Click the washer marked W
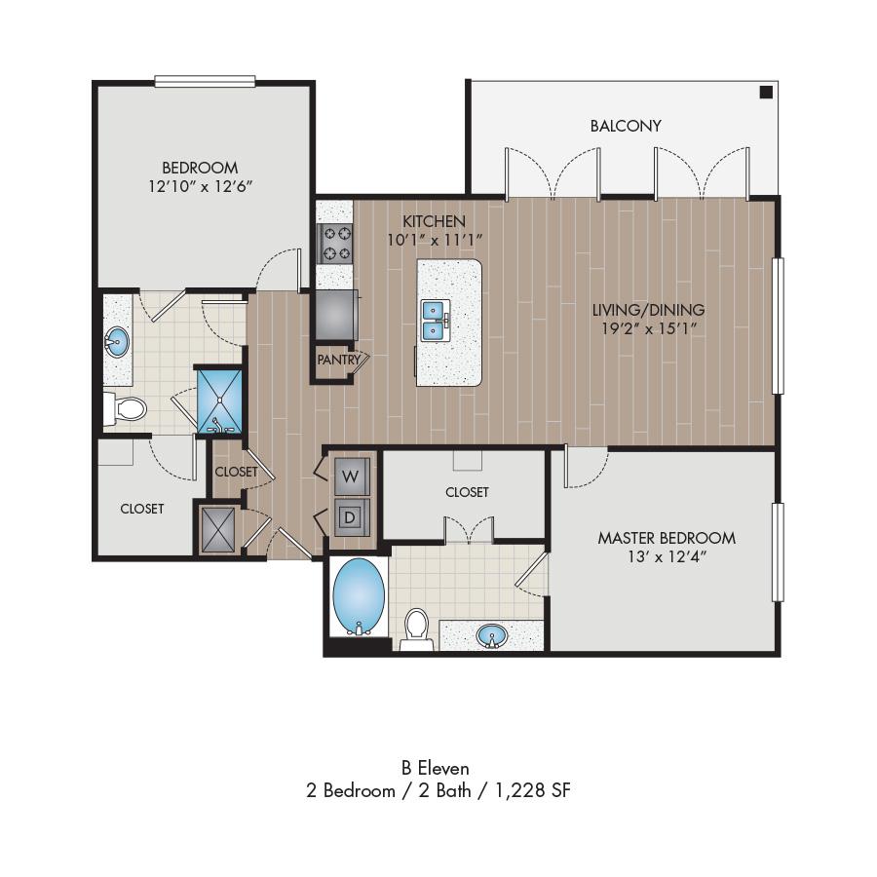(x=352, y=477)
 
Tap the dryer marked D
(x=352, y=517)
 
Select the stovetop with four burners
(x=335, y=244)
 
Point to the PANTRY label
(x=339, y=360)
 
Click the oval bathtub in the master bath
(x=359, y=596)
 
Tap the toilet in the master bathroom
(x=416, y=629)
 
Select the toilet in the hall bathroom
(x=126, y=409)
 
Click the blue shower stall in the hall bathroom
(x=220, y=400)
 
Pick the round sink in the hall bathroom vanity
(x=117, y=342)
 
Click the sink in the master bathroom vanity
(x=492, y=636)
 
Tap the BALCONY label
(x=626, y=126)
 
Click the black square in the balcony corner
(x=766, y=93)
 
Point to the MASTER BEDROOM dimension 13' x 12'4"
(x=667, y=556)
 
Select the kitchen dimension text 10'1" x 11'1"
(x=435, y=240)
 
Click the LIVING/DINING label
(x=648, y=309)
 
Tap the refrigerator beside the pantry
(x=336, y=315)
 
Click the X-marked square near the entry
(x=217, y=530)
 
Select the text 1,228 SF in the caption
(x=533, y=790)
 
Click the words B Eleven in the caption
(x=436, y=768)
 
